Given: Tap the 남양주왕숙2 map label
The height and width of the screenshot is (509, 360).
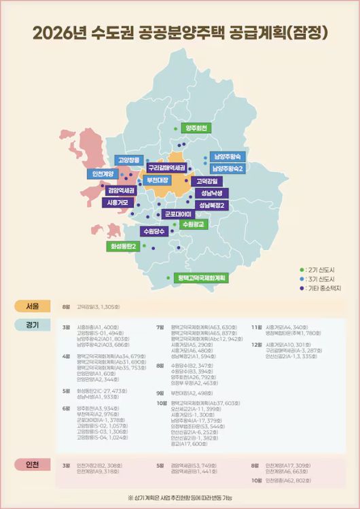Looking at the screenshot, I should (228, 168).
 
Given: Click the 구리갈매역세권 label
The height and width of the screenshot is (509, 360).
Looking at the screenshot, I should (167, 167).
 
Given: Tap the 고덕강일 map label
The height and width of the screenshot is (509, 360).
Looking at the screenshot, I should (208, 181).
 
